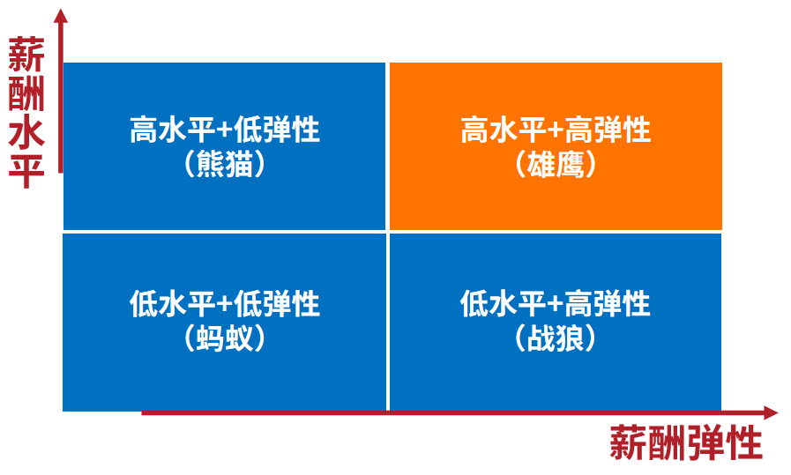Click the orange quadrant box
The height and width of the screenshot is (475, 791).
pyautogui.click(x=556, y=146)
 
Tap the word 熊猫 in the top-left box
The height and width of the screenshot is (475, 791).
pyautogui.click(x=225, y=165)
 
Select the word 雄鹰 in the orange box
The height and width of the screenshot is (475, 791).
pyautogui.click(x=556, y=165)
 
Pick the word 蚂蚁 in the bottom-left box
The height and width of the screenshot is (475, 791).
pyautogui.click(x=225, y=338)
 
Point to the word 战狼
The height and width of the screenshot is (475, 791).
pyautogui.click(x=556, y=338)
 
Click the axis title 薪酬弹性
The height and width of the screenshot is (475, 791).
pyautogui.click(x=685, y=442)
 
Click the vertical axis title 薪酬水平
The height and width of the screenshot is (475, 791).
pyautogui.click(x=26, y=112)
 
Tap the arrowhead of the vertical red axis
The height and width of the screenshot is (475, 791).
pyautogui.click(x=61, y=16)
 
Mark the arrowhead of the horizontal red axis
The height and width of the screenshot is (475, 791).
pyautogui.click(x=771, y=412)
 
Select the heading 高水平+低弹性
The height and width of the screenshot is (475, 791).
pyautogui.click(x=225, y=129)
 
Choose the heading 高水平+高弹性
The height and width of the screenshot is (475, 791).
pyautogui.click(x=556, y=129)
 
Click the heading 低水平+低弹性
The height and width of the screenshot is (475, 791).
pyautogui.click(x=225, y=303)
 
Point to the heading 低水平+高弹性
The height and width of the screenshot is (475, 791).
pyautogui.click(x=556, y=303)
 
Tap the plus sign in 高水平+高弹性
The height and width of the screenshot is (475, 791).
pyautogui.click(x=555, y=130)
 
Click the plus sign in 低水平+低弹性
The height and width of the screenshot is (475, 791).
pyautogui.click(x=224, y=304)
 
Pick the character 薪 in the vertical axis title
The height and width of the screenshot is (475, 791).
pyautogui.click(x=26, y=54)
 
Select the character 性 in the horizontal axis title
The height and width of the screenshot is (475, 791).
pyautogui.click(x=743, y=442)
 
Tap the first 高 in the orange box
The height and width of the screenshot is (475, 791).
pyautogui.click(x=474, y=129)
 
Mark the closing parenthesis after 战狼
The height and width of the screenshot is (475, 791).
pyautogui.click(x=590, y=338)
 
